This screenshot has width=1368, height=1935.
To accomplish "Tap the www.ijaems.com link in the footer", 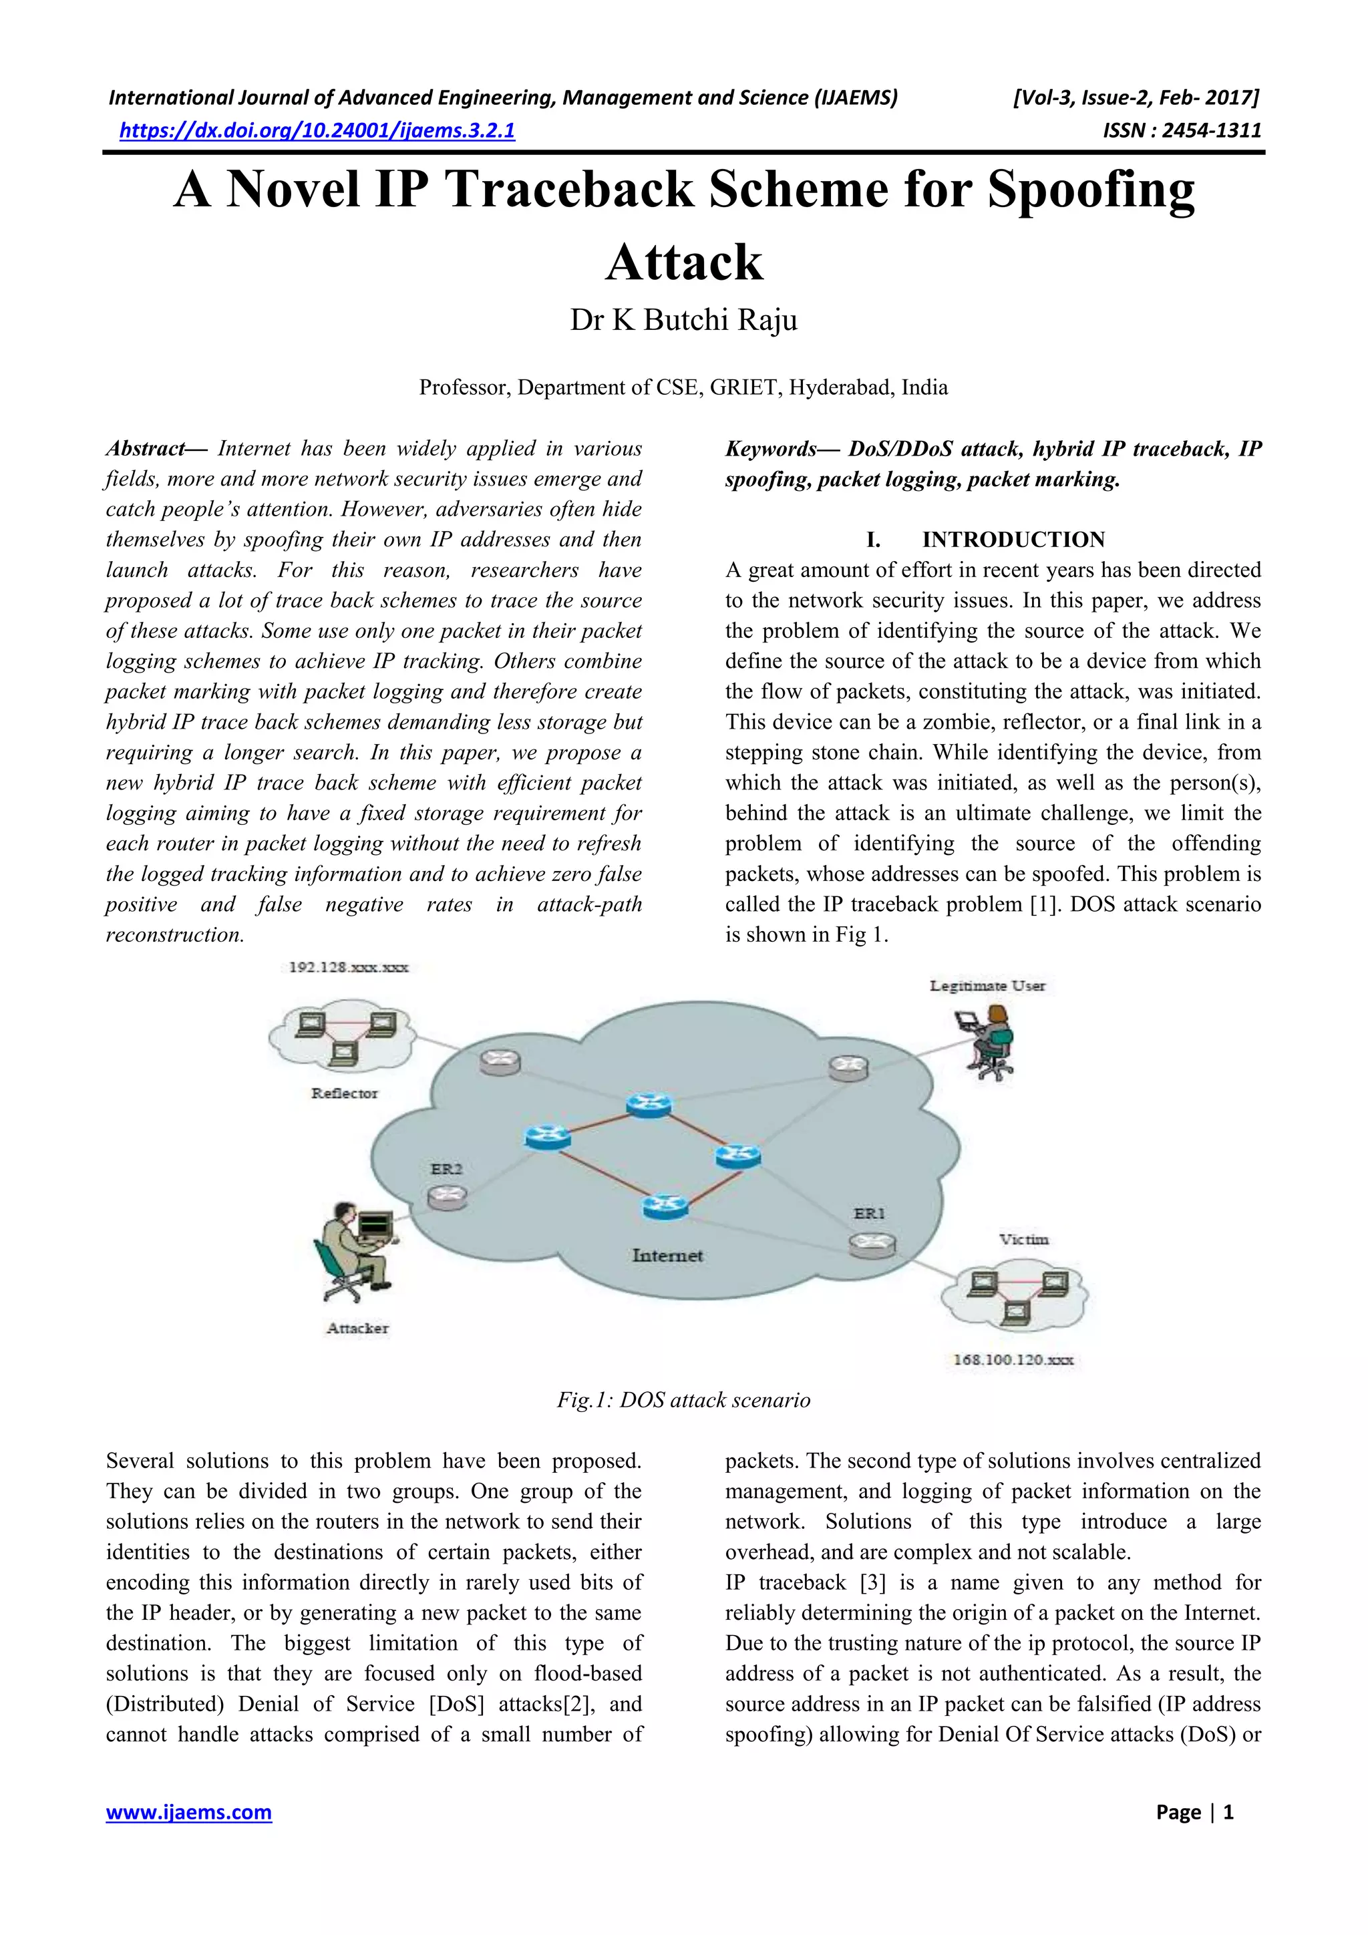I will click(189, 1812).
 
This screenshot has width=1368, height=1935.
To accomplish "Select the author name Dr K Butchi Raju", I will click(683, 320).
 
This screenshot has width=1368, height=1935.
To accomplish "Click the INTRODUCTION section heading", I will click(1013, 540).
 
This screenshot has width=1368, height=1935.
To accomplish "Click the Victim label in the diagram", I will click(1023, 1239).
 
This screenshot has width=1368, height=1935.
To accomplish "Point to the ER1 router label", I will click(869, 1214).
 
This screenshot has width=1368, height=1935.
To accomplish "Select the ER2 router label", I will click(446, 1169).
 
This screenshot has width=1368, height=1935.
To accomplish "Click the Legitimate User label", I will click(987, 985).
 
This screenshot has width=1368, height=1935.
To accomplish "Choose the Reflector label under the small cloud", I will click(344, 1093).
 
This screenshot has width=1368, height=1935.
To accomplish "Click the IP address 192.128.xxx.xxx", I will click(348, 966).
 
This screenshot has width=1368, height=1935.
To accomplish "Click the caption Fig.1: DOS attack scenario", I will click(683, 1400).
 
